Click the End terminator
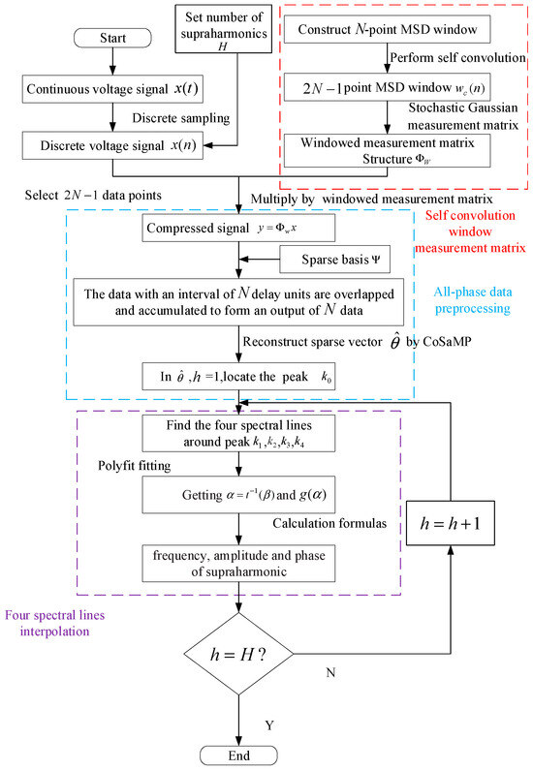coord(238,755)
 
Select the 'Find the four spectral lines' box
coord(238,431)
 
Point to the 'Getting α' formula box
coord(238,492)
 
